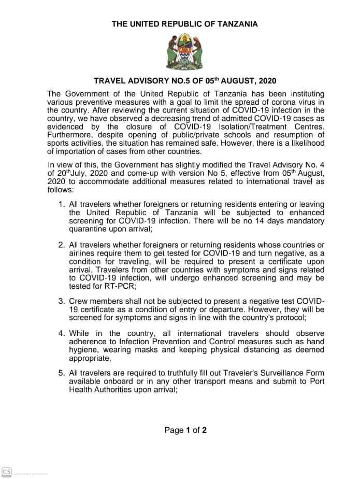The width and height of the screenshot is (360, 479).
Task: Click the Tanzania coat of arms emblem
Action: pyautogui.click(x=180, y=53)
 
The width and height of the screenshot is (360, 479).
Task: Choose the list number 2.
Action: pyautogui.click(x=61, y=244)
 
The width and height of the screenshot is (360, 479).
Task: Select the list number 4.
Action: pyautogui.click(x=61, y=333)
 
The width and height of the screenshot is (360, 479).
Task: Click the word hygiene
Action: pyautogui.click(x=83, y=349)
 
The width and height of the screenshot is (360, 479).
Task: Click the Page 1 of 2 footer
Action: pyautogui.click(x=185, y=430)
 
